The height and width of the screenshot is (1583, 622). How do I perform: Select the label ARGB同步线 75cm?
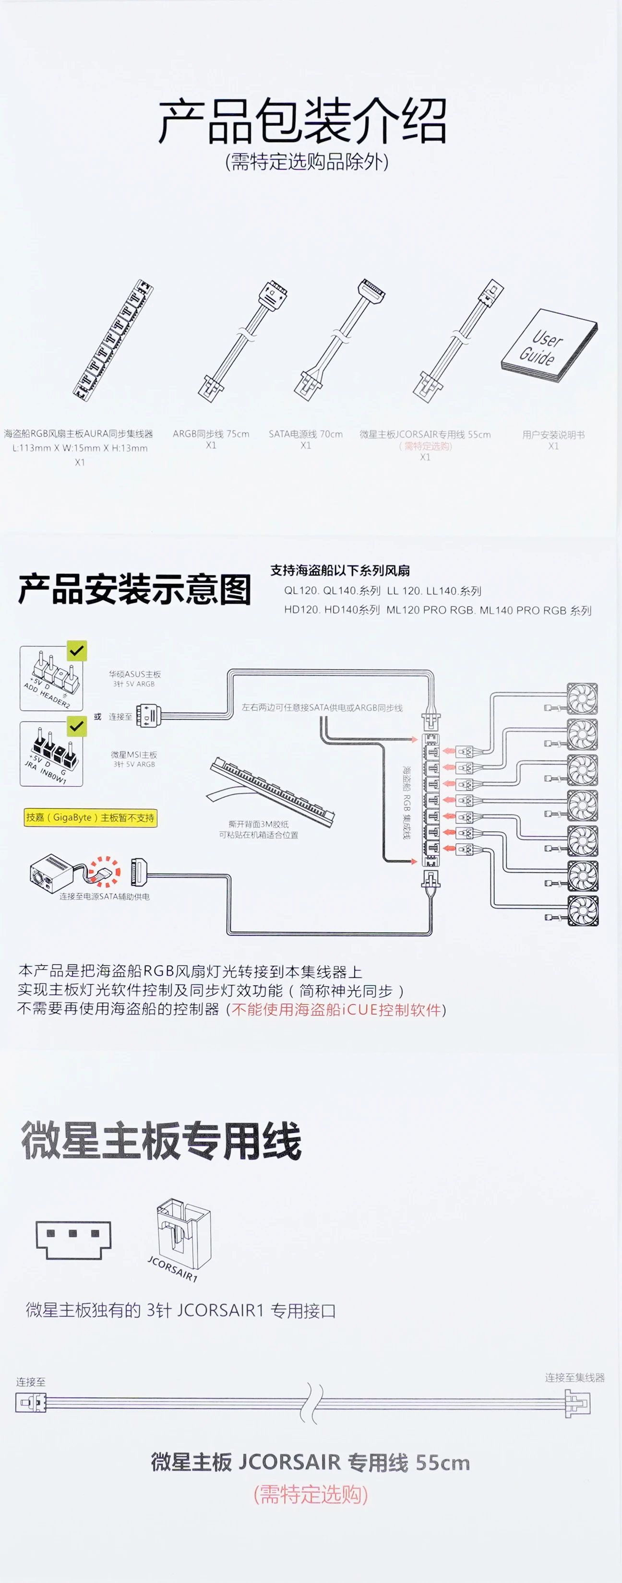click(211, 434)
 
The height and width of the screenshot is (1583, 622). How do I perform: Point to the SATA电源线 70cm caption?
click(305, 434)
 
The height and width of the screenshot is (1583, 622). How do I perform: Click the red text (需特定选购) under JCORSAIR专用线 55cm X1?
click(425, 446)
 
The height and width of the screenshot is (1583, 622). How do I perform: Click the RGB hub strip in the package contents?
click(114, 338)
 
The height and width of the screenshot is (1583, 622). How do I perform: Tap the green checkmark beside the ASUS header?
click(77, 650)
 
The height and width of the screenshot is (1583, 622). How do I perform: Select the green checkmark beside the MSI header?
click(77, 726)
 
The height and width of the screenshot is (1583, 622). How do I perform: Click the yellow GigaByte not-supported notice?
click(90, 817)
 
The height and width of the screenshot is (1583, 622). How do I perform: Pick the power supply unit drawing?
click(52, 873)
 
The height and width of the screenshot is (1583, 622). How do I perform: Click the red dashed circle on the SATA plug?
click(105, 872)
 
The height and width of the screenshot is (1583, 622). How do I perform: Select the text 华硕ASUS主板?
click(134, 674)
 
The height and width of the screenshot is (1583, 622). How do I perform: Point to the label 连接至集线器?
click(574, 1377)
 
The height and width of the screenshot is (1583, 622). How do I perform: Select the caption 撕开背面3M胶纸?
click(258, 824)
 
